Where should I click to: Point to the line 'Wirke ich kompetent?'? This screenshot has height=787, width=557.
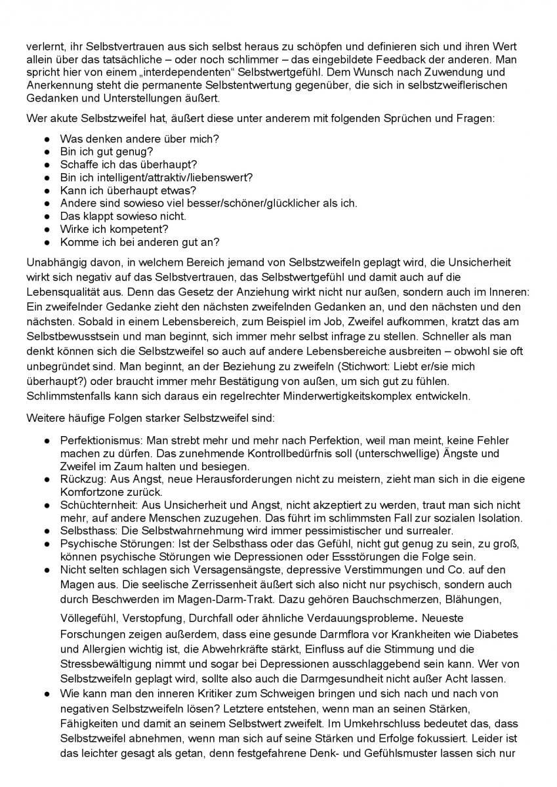coord(114,229)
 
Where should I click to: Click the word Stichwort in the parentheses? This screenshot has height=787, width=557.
coord(374,366)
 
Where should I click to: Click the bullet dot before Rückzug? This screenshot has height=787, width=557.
coord(48,479)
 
